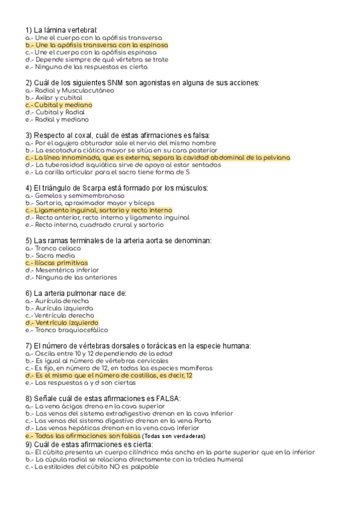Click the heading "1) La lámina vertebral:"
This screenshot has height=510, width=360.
tap(61, 29)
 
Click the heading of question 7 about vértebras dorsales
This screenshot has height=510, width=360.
tap(138, 345)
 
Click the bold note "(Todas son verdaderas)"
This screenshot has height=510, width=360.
tap(174, 435)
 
